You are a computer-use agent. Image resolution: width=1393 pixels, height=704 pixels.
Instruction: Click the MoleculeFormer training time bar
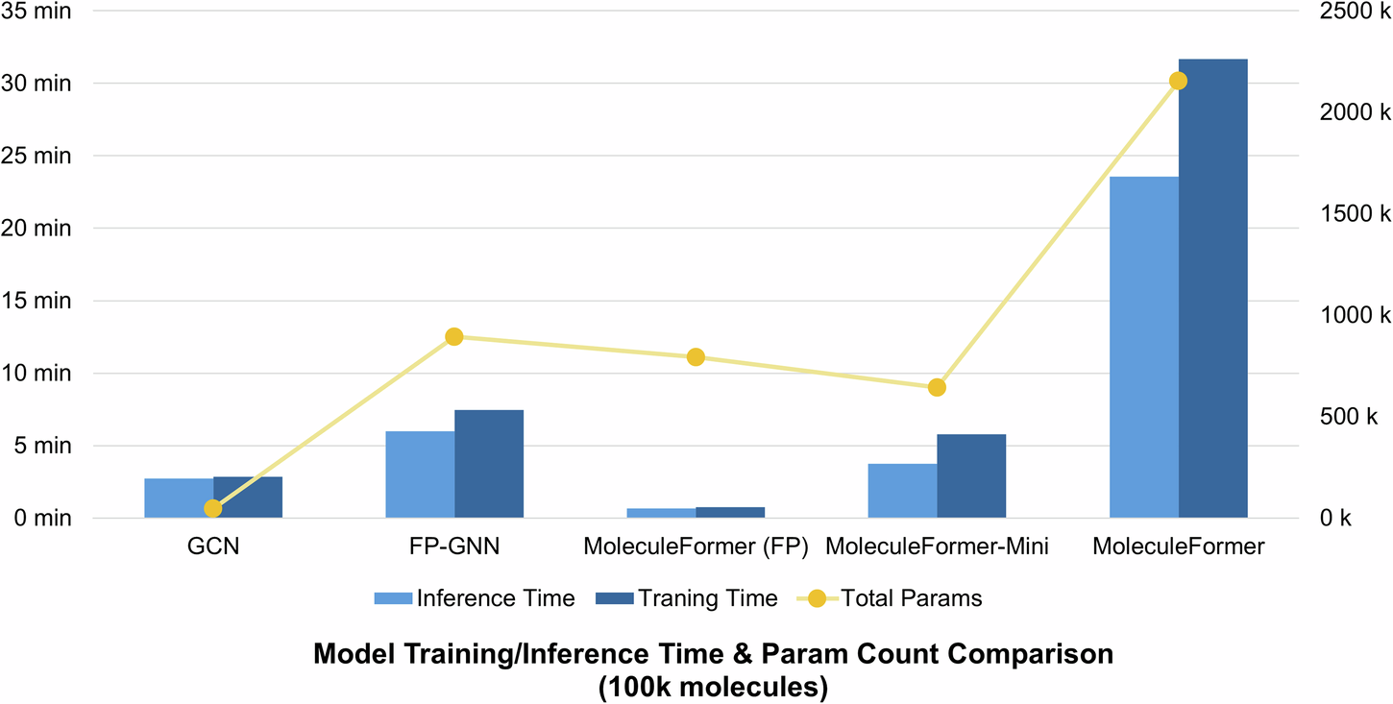(1212, 288)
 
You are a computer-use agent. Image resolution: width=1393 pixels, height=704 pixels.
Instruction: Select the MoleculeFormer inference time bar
(1143, 347)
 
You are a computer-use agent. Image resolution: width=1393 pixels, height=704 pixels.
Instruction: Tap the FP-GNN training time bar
(489, 464)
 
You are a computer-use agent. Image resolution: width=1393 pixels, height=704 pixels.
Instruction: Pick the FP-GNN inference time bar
(420, 474)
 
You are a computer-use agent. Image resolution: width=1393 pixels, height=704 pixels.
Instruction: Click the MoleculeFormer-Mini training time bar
(971, 475)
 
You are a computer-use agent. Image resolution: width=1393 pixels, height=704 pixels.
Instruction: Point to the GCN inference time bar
(179, 498)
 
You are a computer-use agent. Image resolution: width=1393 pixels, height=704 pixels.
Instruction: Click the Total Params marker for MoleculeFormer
(1179, 81)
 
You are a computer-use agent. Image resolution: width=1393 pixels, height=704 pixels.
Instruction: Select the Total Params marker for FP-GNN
(454, 337)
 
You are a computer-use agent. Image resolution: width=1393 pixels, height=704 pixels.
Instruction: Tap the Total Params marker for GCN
(213, 509)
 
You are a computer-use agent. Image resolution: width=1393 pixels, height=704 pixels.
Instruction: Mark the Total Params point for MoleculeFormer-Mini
(937, 387)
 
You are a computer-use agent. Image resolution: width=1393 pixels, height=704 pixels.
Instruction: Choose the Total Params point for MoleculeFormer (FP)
(696, 357)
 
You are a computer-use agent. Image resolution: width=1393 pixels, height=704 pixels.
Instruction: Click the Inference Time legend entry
(475, 599)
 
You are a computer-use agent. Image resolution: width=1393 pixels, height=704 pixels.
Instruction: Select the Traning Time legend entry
(686, 599)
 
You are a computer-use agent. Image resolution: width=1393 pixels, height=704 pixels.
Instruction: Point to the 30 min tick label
(37, 84)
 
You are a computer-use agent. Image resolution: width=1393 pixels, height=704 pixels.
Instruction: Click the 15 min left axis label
(37, 301)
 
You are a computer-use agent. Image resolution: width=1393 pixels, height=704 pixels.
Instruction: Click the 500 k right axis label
(1349, 417)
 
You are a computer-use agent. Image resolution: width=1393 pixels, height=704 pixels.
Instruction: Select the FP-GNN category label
(454, 547)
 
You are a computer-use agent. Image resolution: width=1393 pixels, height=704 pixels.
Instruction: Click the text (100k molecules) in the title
(713, 689)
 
